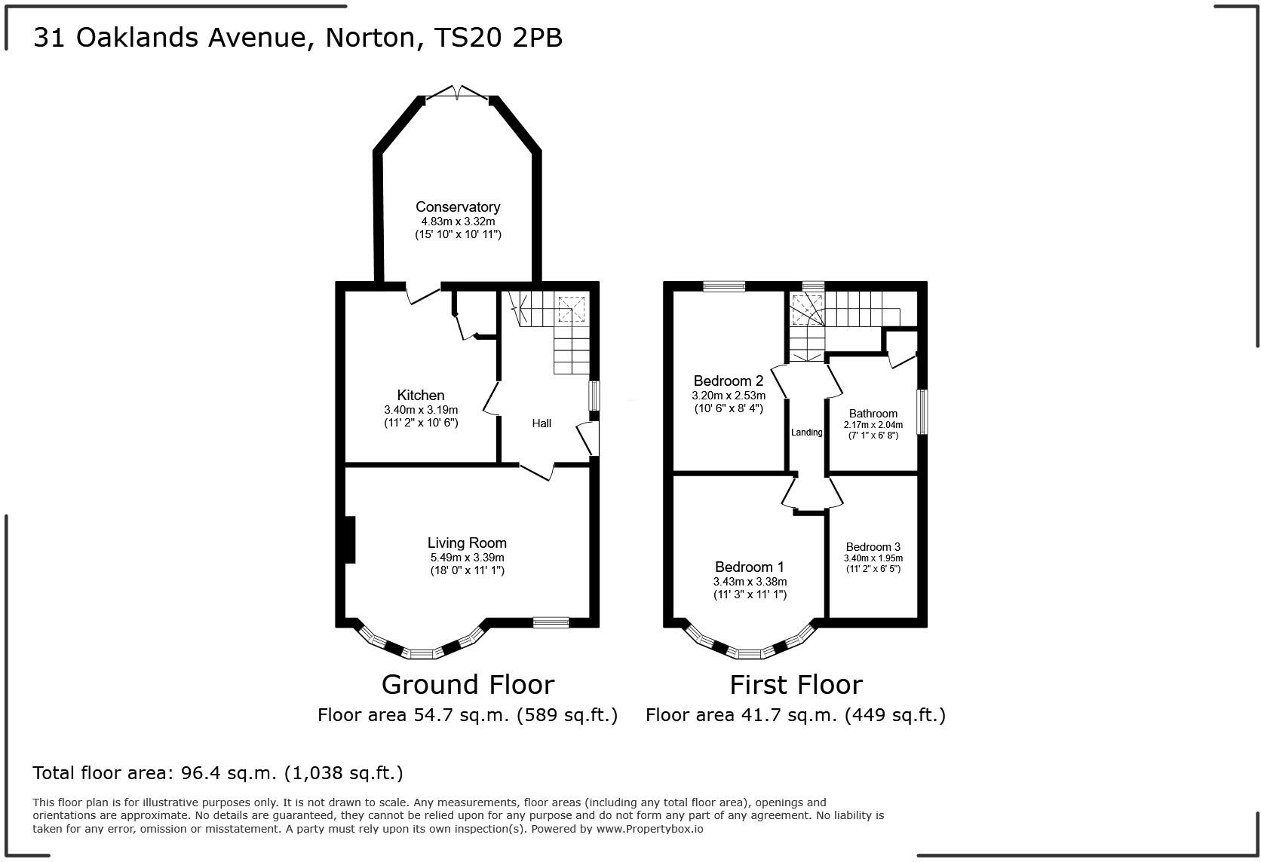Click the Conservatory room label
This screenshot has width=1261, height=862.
(x=458, y=206)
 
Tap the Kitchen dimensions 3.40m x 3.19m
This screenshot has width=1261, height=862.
(x=421, y=410)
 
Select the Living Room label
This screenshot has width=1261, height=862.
(x=467, y=543)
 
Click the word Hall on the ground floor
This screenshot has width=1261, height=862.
(x=542, y=423)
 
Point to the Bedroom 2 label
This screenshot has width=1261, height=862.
(x=729, y=381)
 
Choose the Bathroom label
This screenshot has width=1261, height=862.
(x=873, y=413)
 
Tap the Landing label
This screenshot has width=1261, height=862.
(x=806, y=433)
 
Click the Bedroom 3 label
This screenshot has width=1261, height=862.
(x=873, y=547)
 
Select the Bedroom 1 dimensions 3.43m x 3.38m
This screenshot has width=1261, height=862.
(x=750, y=582)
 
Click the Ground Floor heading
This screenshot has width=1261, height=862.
(x=468, y=685)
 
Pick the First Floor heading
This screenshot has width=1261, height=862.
(x=796, y=685)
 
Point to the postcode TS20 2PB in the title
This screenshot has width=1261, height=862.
(x=499, y=38)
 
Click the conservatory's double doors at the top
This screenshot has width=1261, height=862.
(x=458, y=93)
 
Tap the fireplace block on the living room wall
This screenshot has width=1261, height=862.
(x=349, y=539)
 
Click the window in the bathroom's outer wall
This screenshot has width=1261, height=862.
(x=922, y=411)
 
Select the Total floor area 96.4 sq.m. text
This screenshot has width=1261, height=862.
(x=218, y=773)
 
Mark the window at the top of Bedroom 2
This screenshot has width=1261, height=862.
(x=724, y=286)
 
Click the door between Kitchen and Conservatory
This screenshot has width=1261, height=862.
(x=424, y=294)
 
